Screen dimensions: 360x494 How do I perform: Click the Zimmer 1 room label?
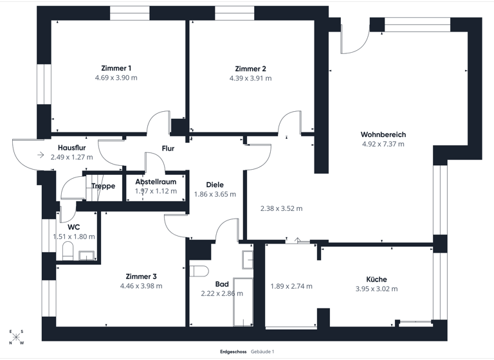(x=116, y=68)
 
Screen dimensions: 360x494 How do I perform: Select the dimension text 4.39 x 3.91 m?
(x=250, y=78)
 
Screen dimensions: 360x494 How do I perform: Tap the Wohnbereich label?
(x=383, y=134)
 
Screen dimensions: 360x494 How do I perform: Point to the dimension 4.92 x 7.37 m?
(x=383, y=144)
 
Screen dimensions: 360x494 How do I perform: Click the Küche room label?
(x=376, y=279)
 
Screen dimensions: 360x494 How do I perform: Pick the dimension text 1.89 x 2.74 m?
(x=291, y=286)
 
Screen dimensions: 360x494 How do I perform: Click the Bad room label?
(x=222, y=283)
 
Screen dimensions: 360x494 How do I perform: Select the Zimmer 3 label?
(x=141, y=276)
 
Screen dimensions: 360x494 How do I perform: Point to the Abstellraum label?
(x=156, y=182)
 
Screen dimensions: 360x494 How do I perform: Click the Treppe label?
(x=103, y=186)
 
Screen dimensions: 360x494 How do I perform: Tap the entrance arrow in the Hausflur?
(x=41, y=155)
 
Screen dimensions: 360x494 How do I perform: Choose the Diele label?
(x=215, y=184)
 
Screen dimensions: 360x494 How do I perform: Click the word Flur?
(x=168, y=148)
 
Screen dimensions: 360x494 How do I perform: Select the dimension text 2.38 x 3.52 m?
(x=281, y=208)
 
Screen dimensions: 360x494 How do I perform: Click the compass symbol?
(x=17, y=337)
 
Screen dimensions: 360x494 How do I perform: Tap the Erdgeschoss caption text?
(x=232, y=352)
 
